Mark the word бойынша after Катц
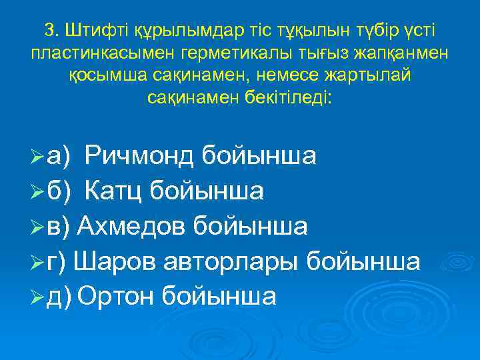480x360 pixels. click(x=206, y=191)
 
